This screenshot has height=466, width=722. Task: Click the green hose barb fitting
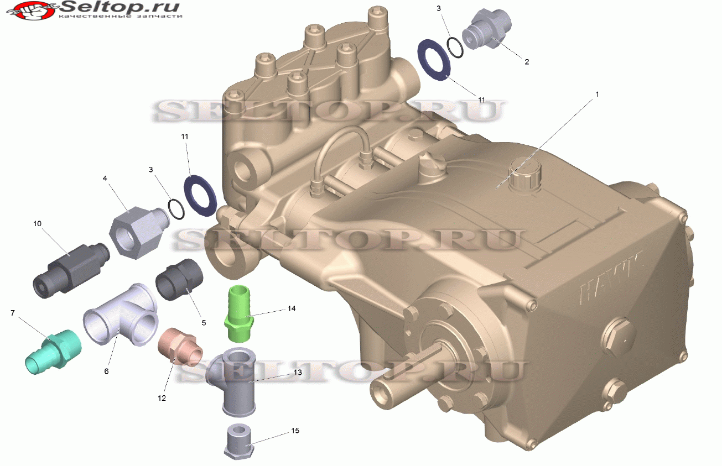[239, 313]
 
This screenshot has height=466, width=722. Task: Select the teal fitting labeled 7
[53, 352]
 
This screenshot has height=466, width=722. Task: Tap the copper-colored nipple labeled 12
[180, 347]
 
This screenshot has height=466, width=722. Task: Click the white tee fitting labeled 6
[121, 315]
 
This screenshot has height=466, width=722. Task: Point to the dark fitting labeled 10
[71, 270]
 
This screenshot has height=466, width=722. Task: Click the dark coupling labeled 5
[179, 279]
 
